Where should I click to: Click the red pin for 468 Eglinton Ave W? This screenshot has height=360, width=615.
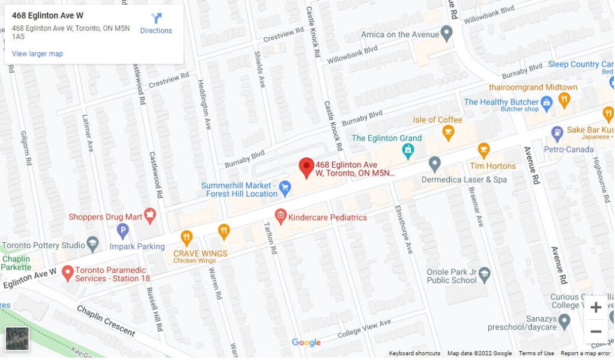[x=307, y=167]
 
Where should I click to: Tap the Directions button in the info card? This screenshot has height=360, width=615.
[x=156, y=23]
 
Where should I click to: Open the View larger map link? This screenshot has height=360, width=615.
[x=37, y=54]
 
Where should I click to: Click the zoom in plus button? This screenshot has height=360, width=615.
[x=595, y=308]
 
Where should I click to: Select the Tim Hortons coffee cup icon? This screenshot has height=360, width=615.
[x=483, y=150]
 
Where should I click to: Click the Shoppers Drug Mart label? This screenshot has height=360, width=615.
[x=104, y=216]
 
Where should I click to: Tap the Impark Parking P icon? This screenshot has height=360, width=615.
[x=123, y=230]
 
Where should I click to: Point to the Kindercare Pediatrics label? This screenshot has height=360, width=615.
[x=327, y=217]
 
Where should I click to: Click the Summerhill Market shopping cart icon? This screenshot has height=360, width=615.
[x=285, y=189]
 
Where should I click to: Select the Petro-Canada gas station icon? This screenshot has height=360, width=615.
[x=557, y=132]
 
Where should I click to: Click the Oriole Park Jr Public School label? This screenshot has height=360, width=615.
[x=452, y=276]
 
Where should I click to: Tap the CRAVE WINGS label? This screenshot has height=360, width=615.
[x=201, y=254]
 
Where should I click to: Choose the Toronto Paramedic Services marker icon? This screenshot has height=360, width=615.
[x=67, y=273]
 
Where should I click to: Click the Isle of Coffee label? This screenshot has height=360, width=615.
[x=438, y=120]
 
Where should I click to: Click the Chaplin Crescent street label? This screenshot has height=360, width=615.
[x=105, y=321]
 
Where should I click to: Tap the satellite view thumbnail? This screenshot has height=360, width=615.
[x=17, y=339]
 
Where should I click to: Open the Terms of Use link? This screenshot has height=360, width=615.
[x=536, y=353]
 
